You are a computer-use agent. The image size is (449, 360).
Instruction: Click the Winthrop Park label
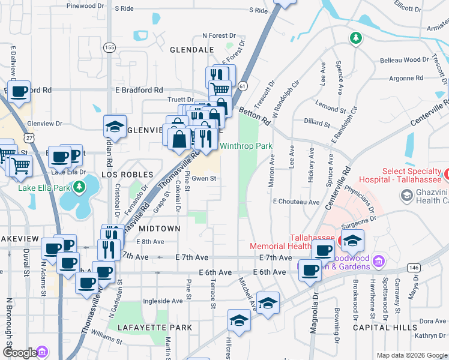click(246, 146)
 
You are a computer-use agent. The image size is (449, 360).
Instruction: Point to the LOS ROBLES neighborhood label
click(124, 173)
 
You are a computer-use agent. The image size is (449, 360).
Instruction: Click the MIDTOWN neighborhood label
click(160, 229)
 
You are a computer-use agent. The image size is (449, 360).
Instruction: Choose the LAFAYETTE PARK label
click(155, 328)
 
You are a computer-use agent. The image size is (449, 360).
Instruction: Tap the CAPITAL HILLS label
click(393, 328)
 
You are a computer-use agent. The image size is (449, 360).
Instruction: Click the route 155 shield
click(109, 47)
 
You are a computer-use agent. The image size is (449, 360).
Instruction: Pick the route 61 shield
click(242, 86)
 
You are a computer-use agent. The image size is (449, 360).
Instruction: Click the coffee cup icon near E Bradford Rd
click(19, 91)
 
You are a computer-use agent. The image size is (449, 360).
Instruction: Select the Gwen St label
click(203, 178)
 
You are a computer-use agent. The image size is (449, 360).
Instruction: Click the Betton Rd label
click(255, 112)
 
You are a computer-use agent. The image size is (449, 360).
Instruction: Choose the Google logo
click(19, 353)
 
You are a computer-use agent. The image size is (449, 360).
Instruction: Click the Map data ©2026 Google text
click(412, 355)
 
